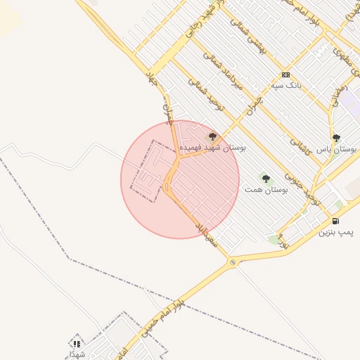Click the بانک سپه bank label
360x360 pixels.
pos(286,86)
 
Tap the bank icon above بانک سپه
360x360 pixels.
pos(285,75)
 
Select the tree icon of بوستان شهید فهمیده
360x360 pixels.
pos(212,136)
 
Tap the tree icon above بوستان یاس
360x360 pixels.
pos(336,139)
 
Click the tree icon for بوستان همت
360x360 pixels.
pos(266,179)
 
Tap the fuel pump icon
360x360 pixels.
pos(345,221)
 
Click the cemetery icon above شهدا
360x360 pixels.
pos(76,343)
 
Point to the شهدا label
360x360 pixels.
pos(77,354)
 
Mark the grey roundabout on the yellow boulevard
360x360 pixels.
pos(233,263)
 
